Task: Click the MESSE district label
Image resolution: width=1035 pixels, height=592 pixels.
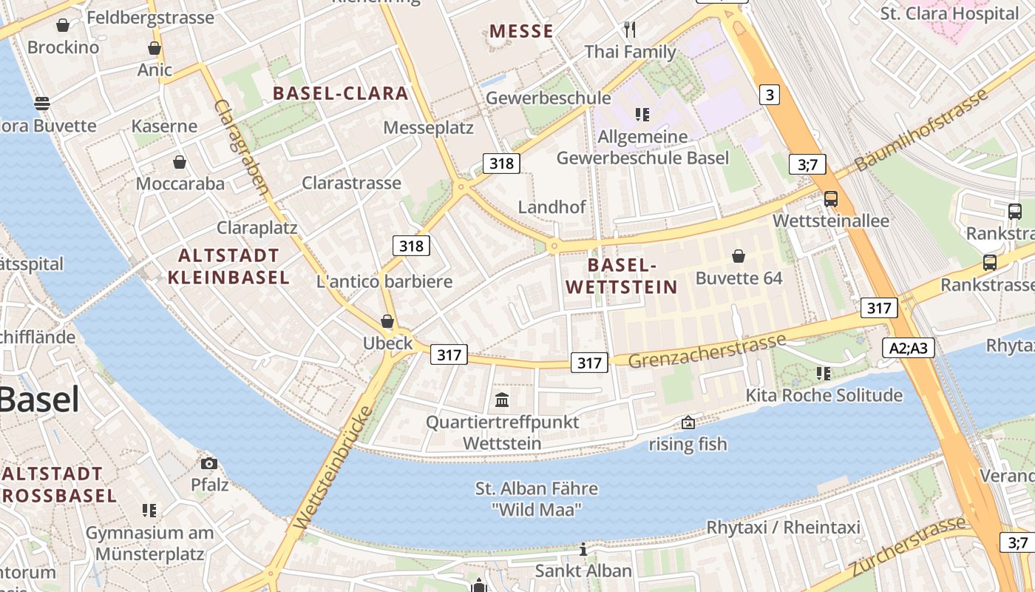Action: (x=521, y=31)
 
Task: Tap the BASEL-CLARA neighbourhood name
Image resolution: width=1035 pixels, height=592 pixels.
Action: (x=340, y=93)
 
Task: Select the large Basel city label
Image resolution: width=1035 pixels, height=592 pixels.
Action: (x=38, y=400)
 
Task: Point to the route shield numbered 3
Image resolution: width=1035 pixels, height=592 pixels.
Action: (x=770, y=95)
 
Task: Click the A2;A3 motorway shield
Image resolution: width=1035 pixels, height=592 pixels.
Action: (x=908, y=348)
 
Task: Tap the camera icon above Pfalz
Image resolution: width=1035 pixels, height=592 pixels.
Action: (x=209, y=463)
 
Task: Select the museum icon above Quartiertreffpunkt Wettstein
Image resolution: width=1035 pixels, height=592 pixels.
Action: (x=502, y=400)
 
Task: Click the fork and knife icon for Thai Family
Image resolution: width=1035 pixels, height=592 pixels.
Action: (x=630, y=30)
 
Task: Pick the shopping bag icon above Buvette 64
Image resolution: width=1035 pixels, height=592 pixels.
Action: (x=738, y=256)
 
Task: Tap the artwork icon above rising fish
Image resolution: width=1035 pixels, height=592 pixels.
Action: (x=688, y=423)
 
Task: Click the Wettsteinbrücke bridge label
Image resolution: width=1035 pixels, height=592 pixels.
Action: (x=333, y=468)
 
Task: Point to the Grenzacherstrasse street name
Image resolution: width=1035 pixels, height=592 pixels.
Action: (x=707, y=351)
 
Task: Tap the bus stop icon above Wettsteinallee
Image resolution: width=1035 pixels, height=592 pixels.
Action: (x=831, y=198)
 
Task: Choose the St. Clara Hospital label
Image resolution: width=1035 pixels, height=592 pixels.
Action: (x=949, y=13)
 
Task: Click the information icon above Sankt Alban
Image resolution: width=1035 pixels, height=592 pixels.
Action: (x=583, y=549)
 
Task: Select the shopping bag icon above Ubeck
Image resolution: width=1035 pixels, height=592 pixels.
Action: (x=387, y=321)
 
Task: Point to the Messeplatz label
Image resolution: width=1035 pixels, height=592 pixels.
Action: (x=428, y=127)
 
